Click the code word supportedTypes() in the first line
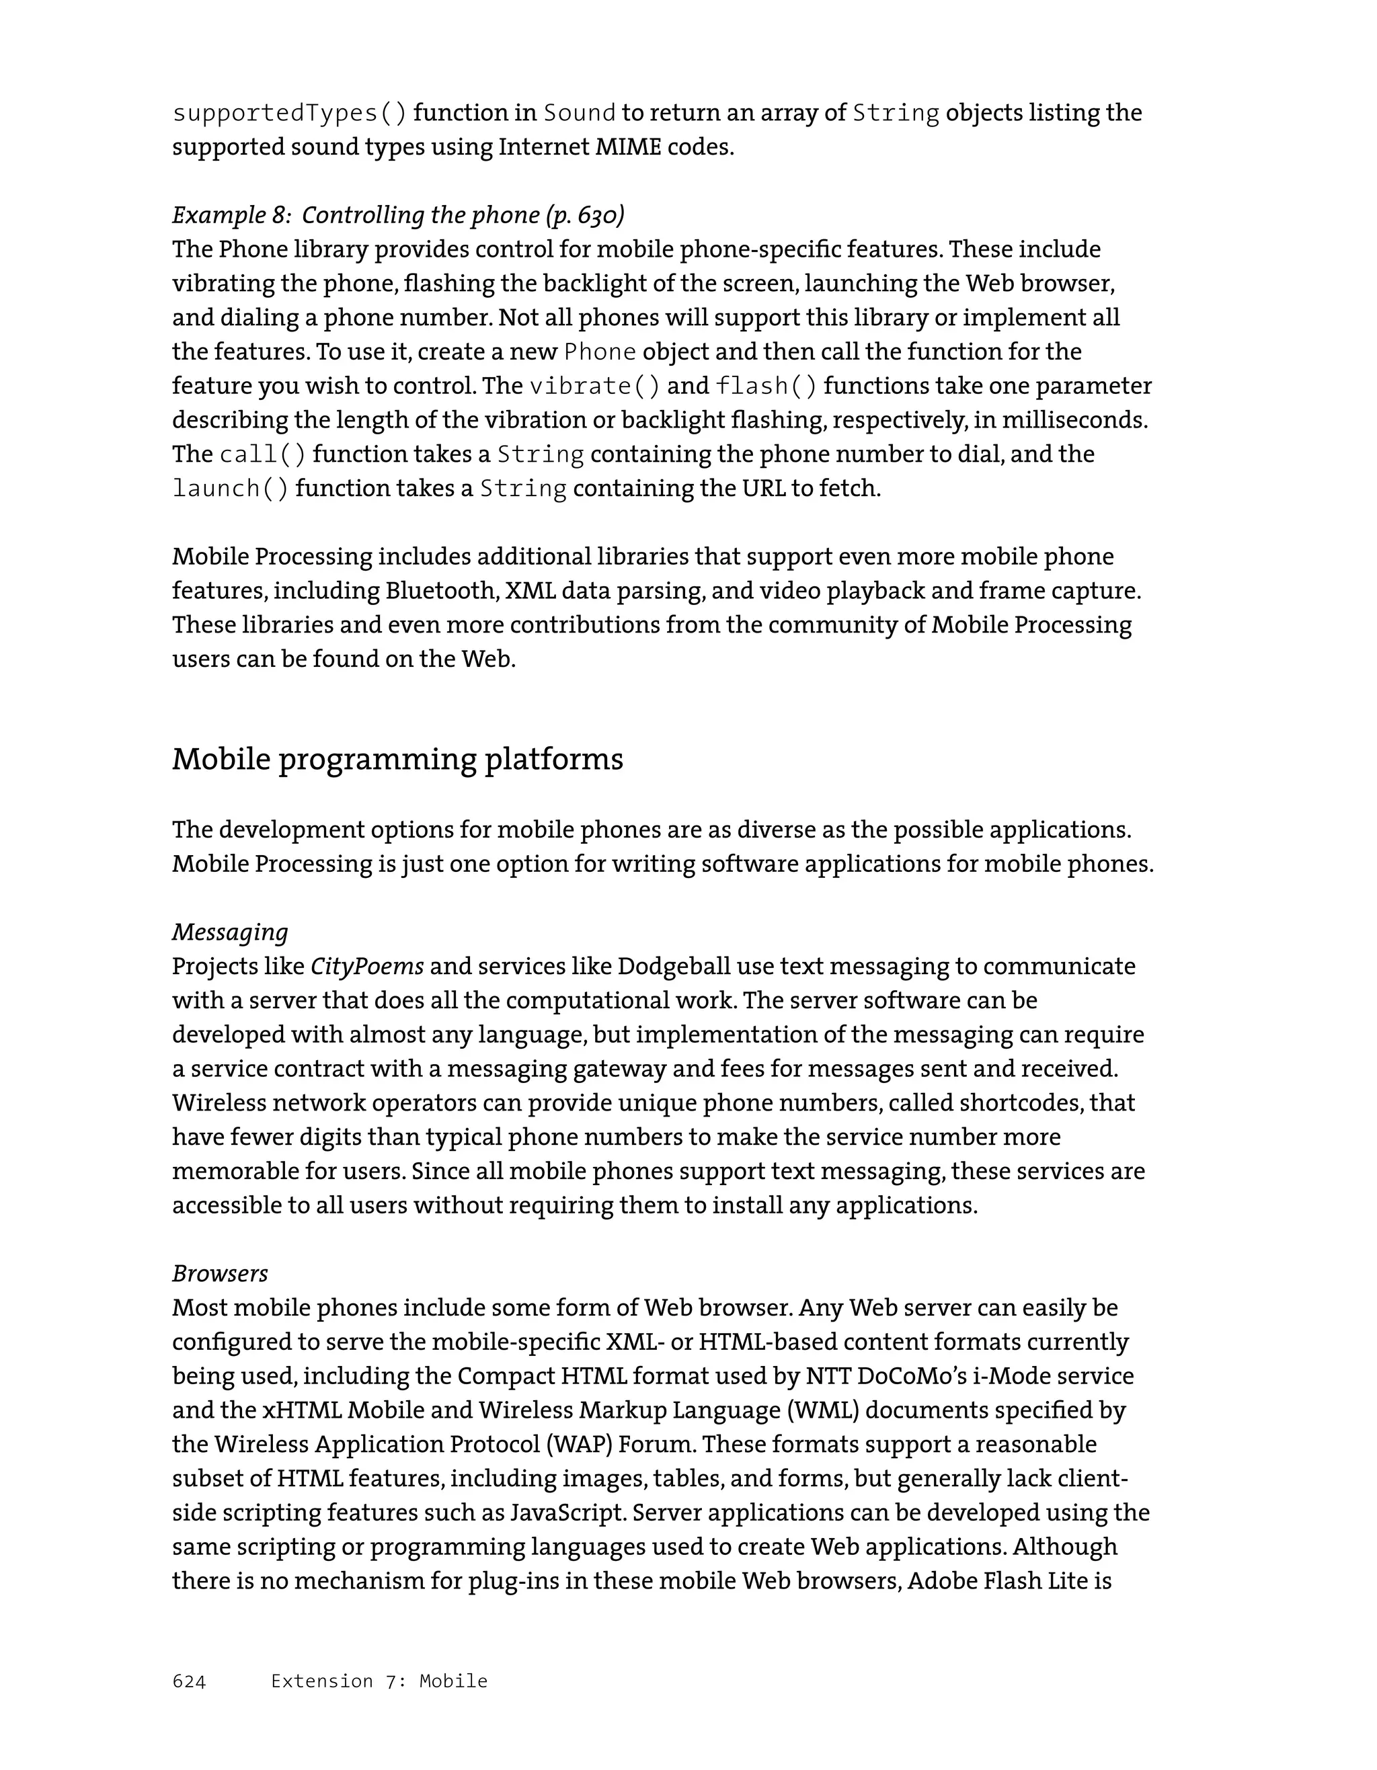[x=289, y=113]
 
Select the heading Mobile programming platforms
[x=397, y=760]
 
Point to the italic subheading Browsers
[x=220, y=1273]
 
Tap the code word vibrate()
[x=594, y=386]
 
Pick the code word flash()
[x=766, y=386]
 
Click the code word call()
[x=263, y=454]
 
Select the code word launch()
[x=230, y=489]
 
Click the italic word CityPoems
[x=367, y=966]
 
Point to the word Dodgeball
[x=672, y=966]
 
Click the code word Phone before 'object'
[x=600, y=352]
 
